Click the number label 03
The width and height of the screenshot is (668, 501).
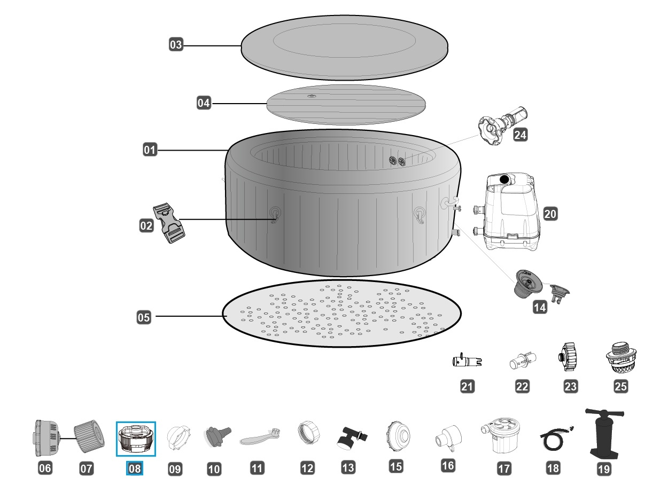coord(176,45)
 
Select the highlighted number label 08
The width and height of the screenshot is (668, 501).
coord(135,468)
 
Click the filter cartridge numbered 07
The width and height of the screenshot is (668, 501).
coord(87,437)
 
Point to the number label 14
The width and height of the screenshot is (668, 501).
coord(539,308)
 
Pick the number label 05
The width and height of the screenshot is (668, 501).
coord(144,317)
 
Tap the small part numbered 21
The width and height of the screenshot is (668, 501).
coord(467,361)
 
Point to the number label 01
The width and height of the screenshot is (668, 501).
coord(150,151)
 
